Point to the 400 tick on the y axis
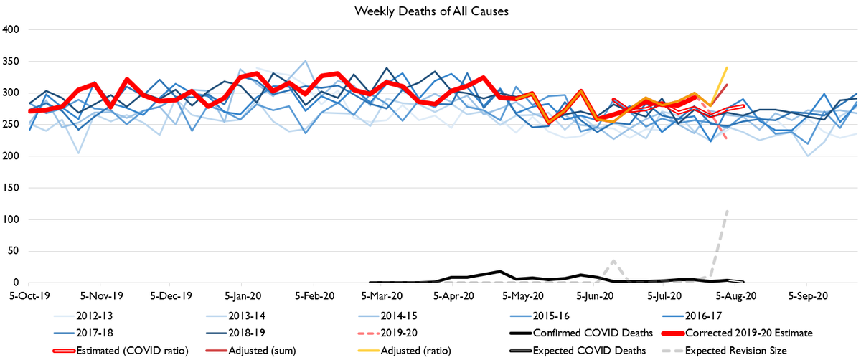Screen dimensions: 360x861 point(14,29)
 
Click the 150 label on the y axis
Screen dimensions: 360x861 point(14,187)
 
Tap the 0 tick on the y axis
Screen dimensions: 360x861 point(19,282)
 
